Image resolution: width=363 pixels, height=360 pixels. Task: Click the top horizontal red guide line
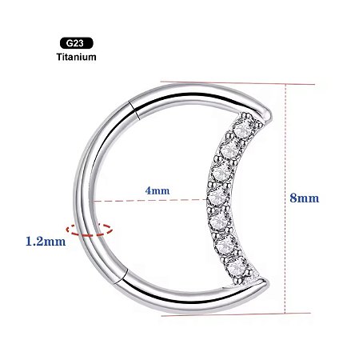coord(240,82)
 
